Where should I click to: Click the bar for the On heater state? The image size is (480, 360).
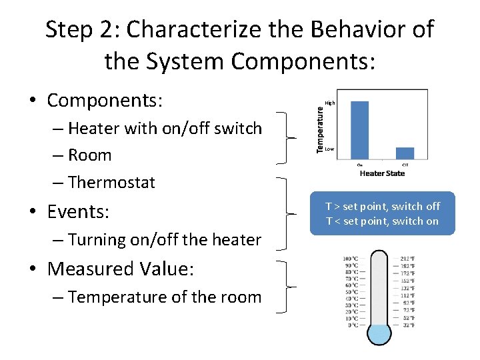(x=359, y=130)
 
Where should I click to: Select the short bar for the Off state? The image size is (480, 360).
(x=405, y=153)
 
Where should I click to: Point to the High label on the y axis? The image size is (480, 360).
(x=329, y=103)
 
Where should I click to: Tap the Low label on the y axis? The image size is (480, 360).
(x=329, y=149)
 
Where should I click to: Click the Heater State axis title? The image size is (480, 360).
(x=382, y=173)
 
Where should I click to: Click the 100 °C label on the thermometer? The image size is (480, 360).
(x=350, y=259)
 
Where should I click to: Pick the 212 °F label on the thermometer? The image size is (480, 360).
(x=408, y=259)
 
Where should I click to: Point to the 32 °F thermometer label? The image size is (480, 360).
(x=408, y=325)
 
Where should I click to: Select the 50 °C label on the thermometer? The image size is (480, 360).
(x=351, y=292)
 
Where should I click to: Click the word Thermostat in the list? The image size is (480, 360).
(x=111, y=183)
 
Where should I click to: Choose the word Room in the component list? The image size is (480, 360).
(x=89, y=155)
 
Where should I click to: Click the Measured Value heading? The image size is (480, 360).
(x=121, y=269)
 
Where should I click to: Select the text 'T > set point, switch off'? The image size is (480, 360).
(x=382, y=207)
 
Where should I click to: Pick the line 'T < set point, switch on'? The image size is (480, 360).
(x=382, y=221)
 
